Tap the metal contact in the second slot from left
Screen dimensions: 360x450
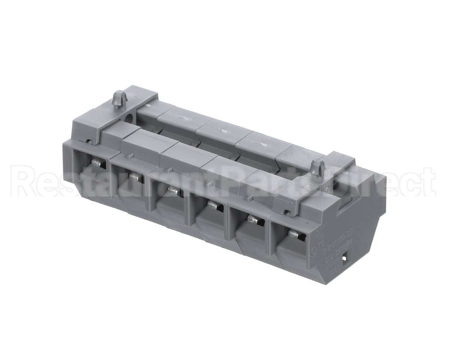136,176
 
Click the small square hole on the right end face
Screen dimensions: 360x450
345,258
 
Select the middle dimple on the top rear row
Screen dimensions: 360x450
224,132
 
